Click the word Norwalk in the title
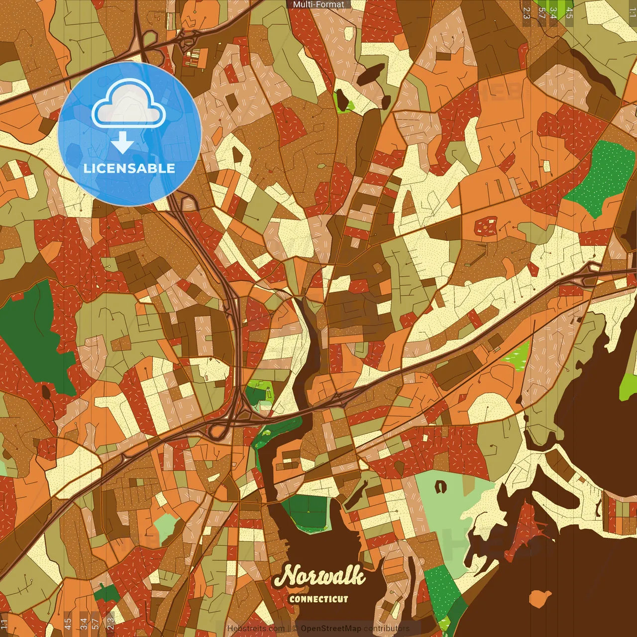tap(319, 577)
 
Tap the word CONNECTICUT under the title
tap(318, 599)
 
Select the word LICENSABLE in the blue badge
tap(129, 168)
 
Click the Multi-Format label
tap(318, 4)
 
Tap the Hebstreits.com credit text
tap(256, 629)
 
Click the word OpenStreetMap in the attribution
tap(331, 629)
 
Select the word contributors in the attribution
tap(387, 629)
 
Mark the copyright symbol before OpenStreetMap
tap(295, 629)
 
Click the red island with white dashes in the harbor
tap(528, 528)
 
